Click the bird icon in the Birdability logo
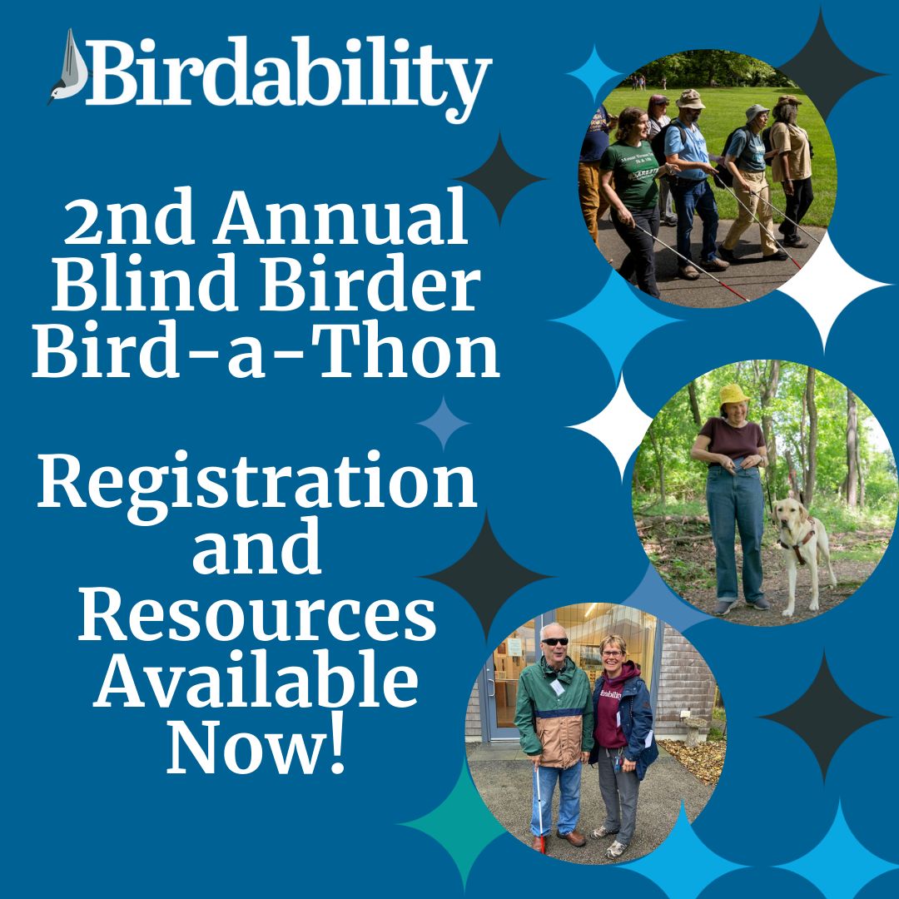(69, 67)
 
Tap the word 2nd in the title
(128, 217)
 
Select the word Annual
(340, 216)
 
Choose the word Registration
(257, 482)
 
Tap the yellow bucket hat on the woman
(733, 394)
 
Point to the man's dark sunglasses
(554, 641)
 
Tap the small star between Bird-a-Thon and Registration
(443, 423)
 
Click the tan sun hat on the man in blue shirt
(690, 98)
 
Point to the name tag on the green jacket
(557, 687)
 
